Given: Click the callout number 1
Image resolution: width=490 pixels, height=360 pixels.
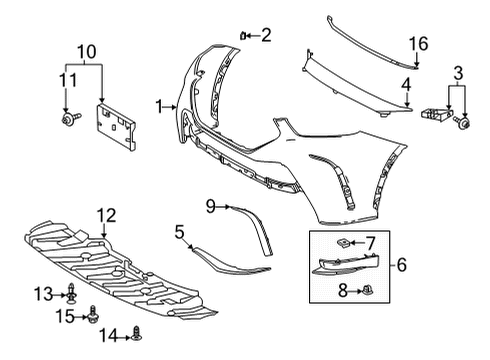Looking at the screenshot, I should coord(159,105).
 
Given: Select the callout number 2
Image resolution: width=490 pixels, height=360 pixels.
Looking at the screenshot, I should coord(265,36).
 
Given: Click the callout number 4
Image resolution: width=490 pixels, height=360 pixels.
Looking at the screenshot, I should coord(408,86).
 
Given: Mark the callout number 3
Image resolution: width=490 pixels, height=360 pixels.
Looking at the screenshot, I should coord(458,72).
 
